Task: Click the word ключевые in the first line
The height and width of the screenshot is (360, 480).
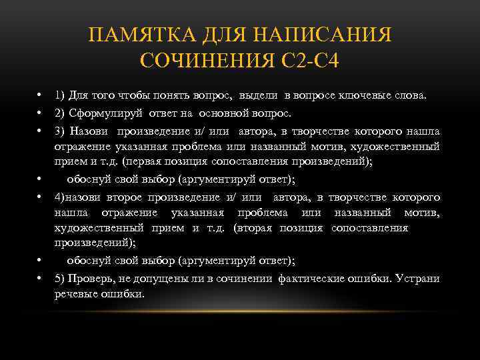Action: (375, 95)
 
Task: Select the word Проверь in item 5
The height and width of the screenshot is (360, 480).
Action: (90, 278)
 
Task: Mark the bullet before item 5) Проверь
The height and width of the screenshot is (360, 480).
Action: (40, 278)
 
